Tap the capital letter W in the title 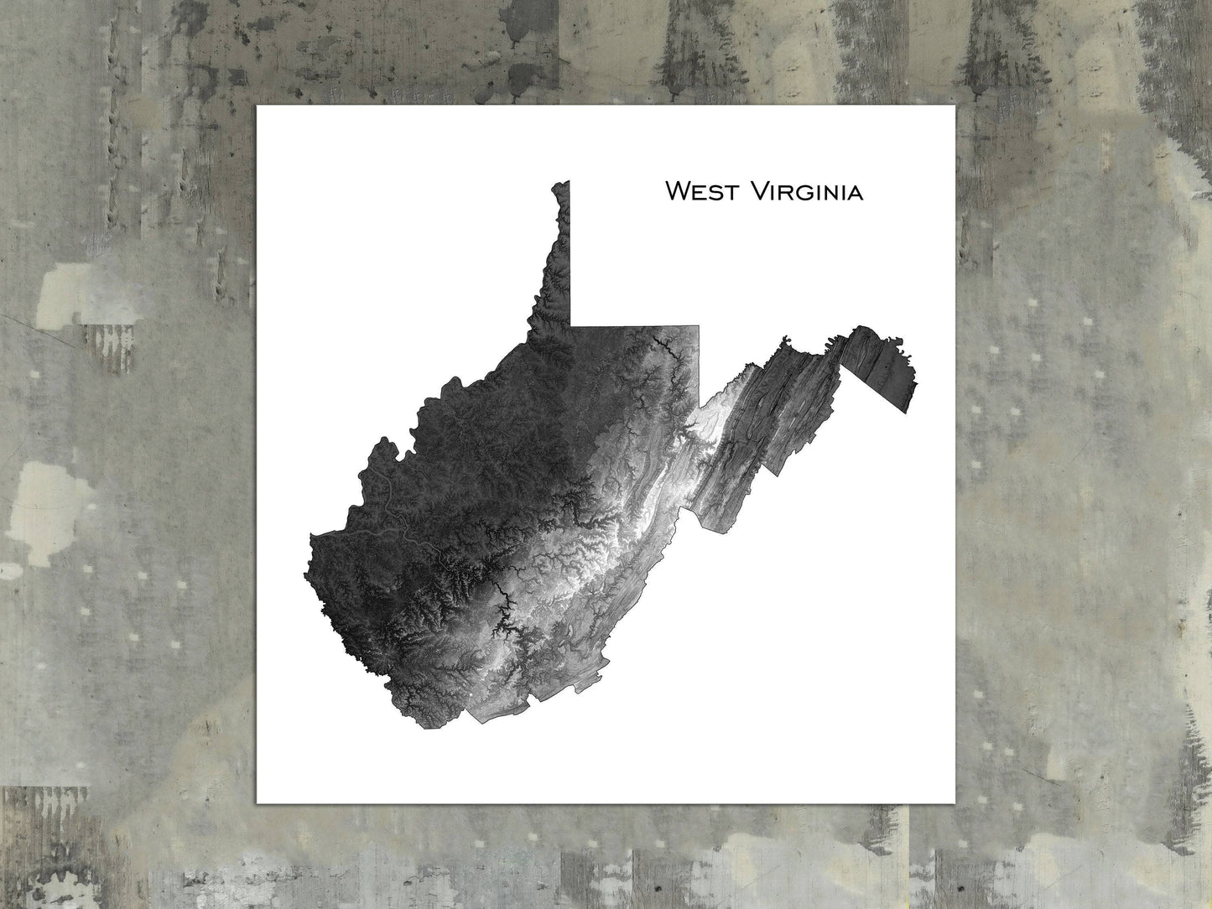pyautogui.click(x=677, y=191)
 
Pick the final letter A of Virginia pyautogui.click(x=856, y=194)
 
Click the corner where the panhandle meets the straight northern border pyautogui.click(x=570, y=325)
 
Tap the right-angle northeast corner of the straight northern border pyautogui.click(x=699, y=325)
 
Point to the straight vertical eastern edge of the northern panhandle pyautogui.click(x=570, y=252)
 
